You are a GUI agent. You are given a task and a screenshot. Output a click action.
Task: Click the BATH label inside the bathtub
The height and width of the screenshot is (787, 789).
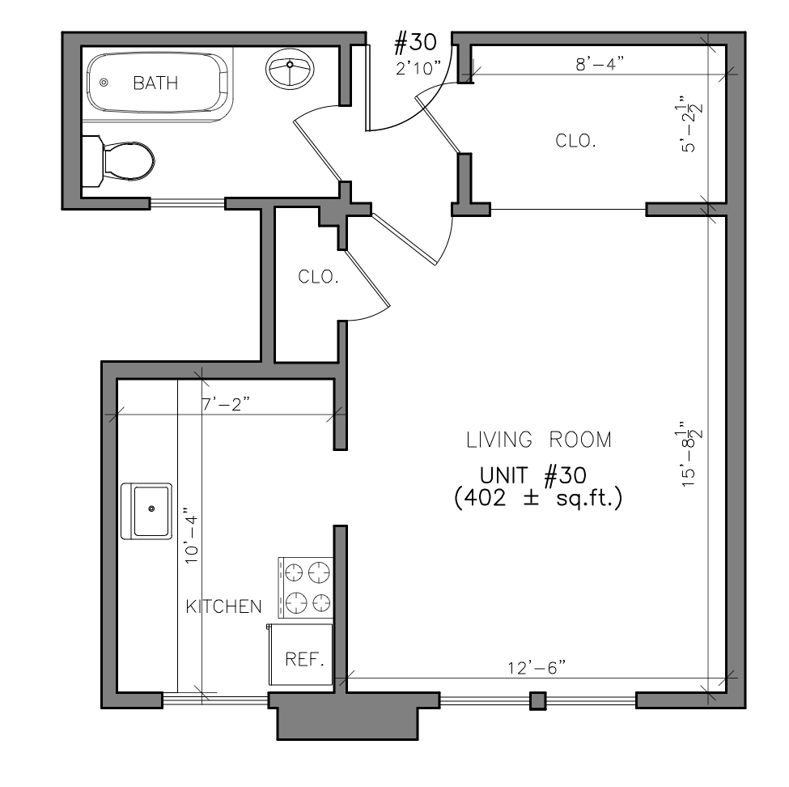(x=155, y=83)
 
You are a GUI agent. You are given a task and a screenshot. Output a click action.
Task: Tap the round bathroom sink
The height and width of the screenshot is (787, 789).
(x=290, y=71)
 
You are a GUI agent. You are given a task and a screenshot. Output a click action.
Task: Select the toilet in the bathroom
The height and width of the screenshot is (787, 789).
(x=122, y=161)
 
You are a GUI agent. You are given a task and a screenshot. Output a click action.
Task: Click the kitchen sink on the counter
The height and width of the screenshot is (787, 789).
(x=146, y=510)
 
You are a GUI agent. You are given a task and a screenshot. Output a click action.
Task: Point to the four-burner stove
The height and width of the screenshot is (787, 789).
(x=306, y=587)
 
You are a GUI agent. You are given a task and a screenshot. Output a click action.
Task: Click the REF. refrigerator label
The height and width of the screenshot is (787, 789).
(x=304, y=659)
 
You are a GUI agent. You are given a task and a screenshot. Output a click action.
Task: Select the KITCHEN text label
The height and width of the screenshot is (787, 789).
(x=224, y=606)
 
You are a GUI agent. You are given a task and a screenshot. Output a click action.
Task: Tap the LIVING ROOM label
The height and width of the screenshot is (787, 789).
(x=539, y=440)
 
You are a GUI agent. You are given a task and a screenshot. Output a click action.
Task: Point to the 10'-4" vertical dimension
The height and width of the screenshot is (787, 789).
(x=190, y=535)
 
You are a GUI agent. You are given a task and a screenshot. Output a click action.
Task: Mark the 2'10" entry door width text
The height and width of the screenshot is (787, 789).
(x=418, y=69)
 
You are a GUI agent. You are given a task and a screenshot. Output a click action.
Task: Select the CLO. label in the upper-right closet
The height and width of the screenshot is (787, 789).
(x=576, y=141)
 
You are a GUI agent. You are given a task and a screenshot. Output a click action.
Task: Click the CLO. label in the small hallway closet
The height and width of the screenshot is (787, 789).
(x=318, y=277)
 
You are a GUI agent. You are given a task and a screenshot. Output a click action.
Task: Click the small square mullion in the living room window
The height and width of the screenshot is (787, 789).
(x=538, y=700)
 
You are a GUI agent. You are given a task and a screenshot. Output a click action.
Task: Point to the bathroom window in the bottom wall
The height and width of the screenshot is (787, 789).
(x=187, y=202)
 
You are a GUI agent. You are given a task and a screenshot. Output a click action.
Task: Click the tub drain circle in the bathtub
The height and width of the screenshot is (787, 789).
(x=103, y=83)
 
